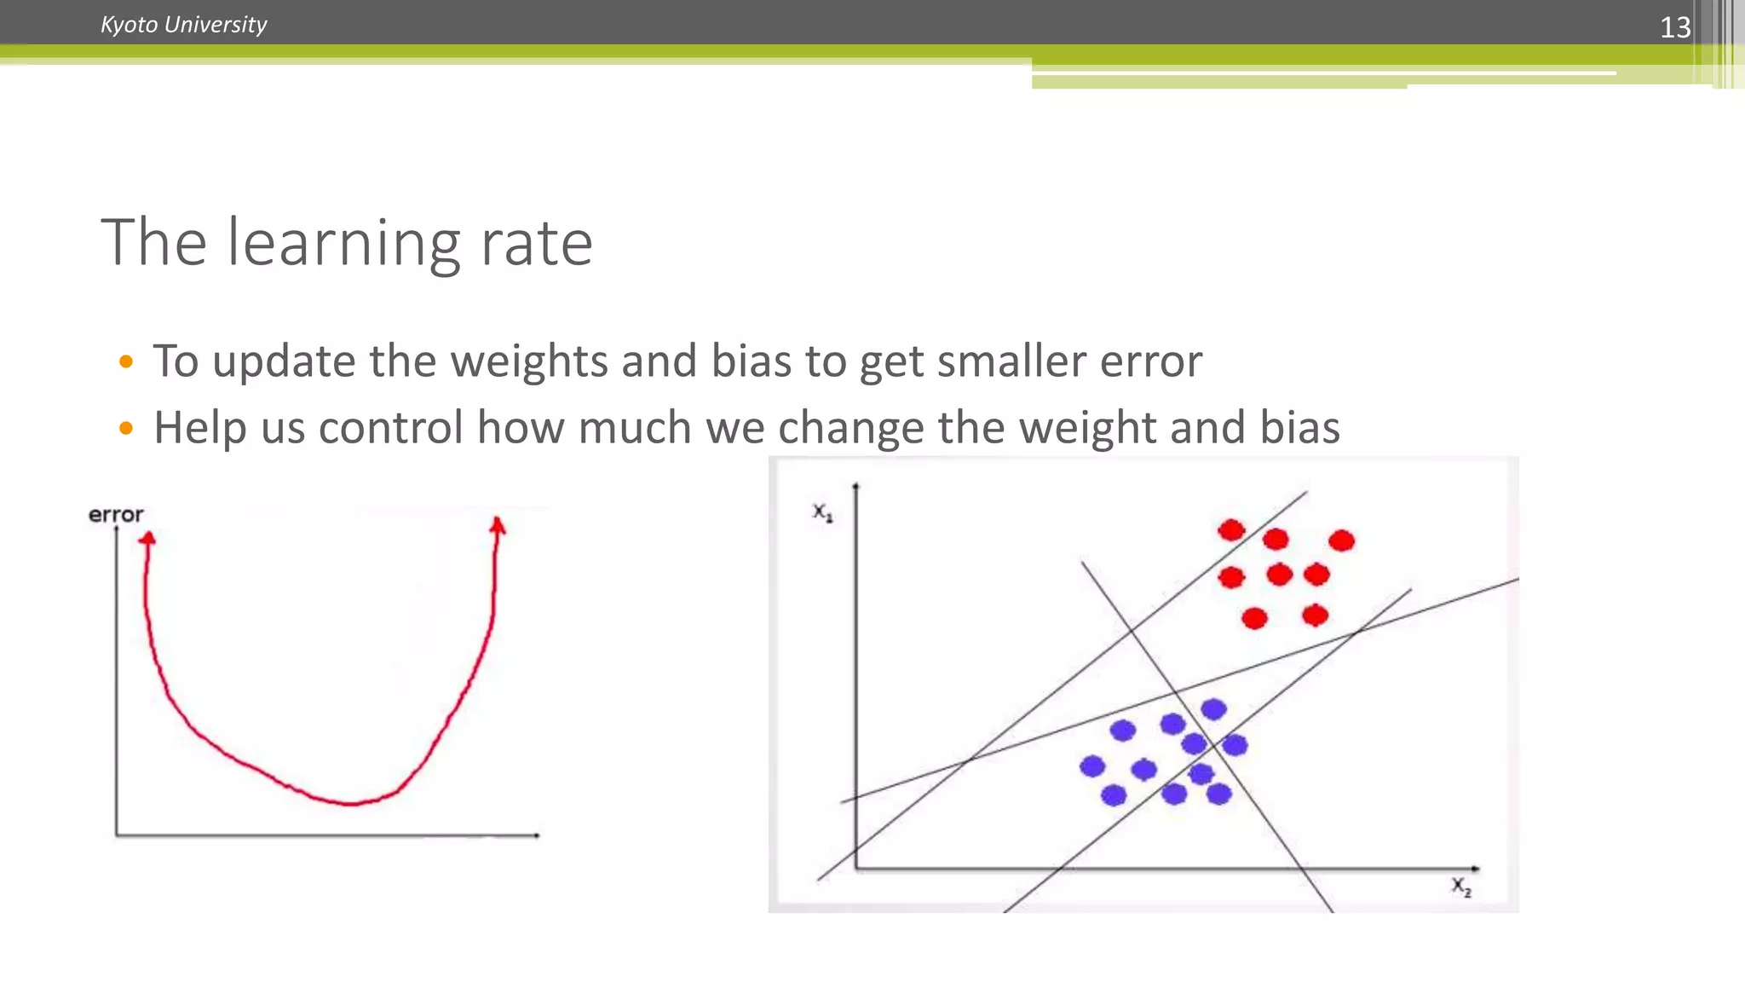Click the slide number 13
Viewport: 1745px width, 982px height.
pos(1674,27)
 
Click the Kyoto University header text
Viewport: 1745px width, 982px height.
pos(183,25)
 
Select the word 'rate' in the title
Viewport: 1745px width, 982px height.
pos(536,245)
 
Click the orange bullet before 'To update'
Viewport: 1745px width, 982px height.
pos(126,362)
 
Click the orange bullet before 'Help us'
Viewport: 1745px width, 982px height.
pos(126,428)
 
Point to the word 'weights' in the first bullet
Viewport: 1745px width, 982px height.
pos(529,361)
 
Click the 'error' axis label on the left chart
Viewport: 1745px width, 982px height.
pos(116,515)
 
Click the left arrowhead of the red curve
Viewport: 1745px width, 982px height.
pos(147,538)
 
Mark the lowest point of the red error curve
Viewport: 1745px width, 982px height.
pos(351,803)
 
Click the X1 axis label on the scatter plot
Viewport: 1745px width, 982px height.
pos(822,512)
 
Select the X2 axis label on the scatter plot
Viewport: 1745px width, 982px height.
pos(1461,887)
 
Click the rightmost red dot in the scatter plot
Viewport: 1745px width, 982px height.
pos(1341,540)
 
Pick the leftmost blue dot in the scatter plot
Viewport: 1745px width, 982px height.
pos(1092,766)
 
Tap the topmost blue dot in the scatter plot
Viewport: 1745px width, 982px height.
pos(1213,709)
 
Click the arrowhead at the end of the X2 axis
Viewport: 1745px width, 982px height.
pos(1476,869)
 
